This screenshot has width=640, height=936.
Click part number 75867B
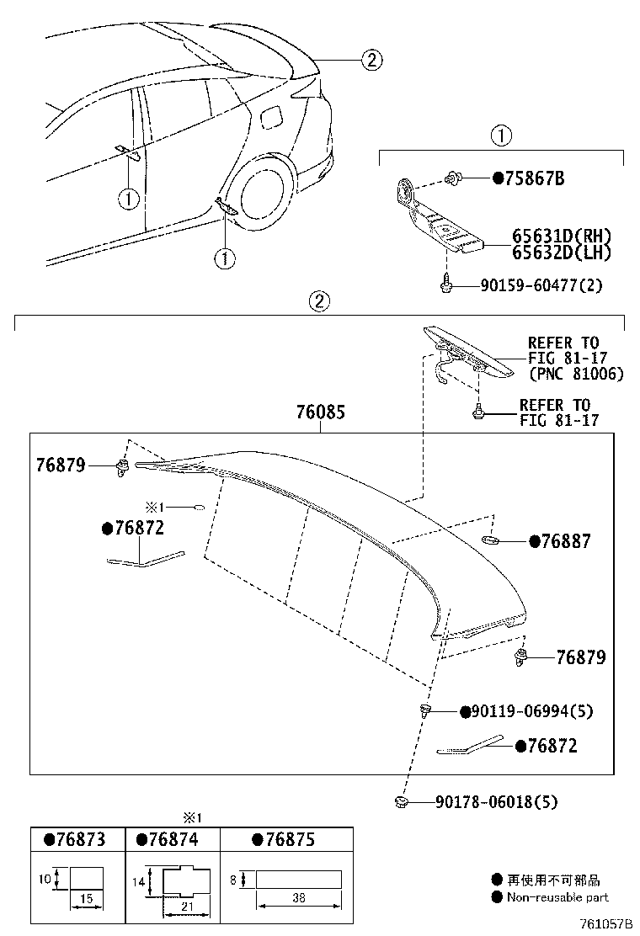(x=535, y=178)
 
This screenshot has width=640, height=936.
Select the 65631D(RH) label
(x=562, y=237)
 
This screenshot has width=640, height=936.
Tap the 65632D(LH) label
(x=562, y=252)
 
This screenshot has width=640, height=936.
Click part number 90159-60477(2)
(x=553, y=286)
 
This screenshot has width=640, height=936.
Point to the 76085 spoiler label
(x=320, y=413)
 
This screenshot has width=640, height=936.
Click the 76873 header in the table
(x=76, y=840)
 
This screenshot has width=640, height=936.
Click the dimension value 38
(x=299, y=899)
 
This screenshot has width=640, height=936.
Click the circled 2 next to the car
(x=371, y=60)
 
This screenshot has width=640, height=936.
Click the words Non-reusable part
(x=557, y=897)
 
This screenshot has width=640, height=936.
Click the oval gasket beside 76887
(x=493, y=539)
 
